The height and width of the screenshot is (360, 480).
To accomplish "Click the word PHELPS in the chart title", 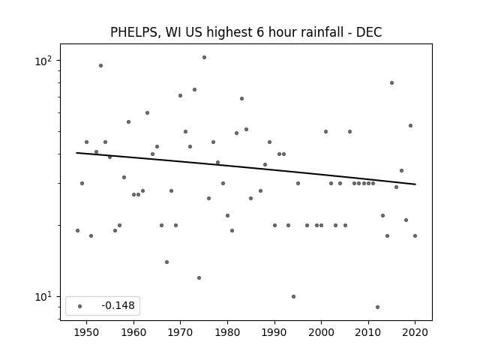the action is click(x=133, y=32).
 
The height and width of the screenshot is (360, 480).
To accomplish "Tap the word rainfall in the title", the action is click(x=323, y=31).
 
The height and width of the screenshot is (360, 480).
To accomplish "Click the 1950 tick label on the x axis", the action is click(x=87, y=332).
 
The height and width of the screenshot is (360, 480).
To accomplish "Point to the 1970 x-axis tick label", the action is click(x=180, y=332).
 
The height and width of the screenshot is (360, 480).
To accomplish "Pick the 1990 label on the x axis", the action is click(x=274, y=332).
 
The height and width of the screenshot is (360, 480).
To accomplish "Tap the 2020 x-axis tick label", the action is click(x=415, y=332).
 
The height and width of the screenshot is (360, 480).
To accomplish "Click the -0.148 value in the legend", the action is click(x=118, y=305).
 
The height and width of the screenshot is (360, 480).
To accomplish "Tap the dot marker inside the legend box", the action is click(x=80, y=306).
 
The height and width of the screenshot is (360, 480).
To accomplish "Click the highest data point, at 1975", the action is click(x=204, y=57).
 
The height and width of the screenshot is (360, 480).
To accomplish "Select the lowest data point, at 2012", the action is click(x=377, y=307).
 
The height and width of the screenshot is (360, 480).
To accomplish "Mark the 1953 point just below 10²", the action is click(x=100, y=65).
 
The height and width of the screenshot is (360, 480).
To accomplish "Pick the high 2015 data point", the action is click(x=391, y=82).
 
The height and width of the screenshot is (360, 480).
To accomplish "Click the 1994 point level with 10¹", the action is click(x=293, y=296).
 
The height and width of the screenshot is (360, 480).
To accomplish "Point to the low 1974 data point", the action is click(x=199, y=277).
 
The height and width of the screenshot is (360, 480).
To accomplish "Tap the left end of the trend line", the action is click(x=76, y=152).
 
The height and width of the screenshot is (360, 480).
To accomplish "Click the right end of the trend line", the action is click(x=415, y=184).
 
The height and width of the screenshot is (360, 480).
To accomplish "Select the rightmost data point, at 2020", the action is click(x=415, y=235).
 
